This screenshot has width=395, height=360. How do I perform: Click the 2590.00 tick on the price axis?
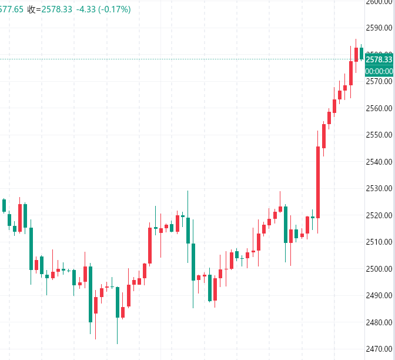(x=379, y=28)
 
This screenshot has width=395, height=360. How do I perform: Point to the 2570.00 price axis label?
(x=379, y=81)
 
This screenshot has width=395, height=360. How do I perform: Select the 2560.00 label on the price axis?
(x=379, y=108)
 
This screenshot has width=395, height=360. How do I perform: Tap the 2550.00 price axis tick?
(x=379, y=135)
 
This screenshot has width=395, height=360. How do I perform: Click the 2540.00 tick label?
(x=379, y=162)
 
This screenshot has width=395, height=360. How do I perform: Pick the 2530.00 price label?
(x=379, y=188)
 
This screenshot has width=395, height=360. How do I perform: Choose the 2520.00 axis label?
(x=379, y=215)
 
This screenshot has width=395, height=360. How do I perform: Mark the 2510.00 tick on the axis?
(x=379, y=242)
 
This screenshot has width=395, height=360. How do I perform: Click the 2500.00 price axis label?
(x=379, y=269)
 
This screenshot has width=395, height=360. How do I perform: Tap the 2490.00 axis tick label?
(x=379, y=295)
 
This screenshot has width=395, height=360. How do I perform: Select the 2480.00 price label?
(x=379, y=322)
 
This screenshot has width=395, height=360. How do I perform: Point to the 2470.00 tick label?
(x=379, y=349)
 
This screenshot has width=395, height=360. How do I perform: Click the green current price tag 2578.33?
(x=379, y=59)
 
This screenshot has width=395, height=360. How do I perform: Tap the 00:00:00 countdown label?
(x=379, y=71)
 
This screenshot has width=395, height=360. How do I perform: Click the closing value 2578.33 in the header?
(x=56, y=9)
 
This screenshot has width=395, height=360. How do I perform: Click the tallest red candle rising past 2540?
(x=318, y=182)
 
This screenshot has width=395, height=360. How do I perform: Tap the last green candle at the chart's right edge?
(x=361, y=53)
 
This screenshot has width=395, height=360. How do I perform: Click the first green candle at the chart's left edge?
(x=4, y=205)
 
